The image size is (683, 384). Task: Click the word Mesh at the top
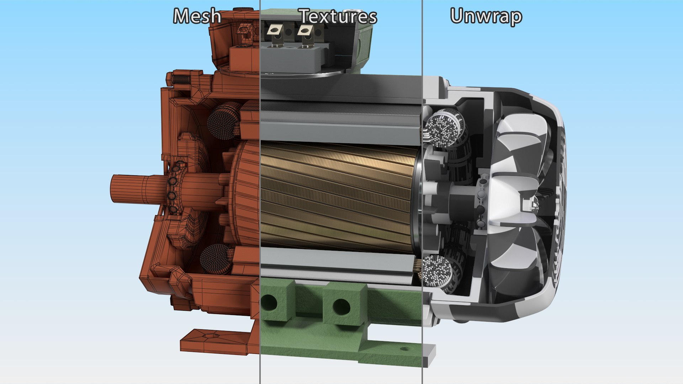pyautogui.click(x=197, y=16)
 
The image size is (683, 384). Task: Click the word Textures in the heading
pyautogui.click(x=338, y=16)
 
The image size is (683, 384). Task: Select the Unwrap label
pyautogui.click(x=486, y=16)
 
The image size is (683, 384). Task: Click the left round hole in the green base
pyautogui.click(x=269, y=303)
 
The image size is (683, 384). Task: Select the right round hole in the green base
pyautogui.click(x=341, y=306)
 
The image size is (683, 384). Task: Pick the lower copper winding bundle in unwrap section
pyautogui.click(x=438, y=272)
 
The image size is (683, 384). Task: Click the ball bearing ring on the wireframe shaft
pyautogui.click(x=173, y=188)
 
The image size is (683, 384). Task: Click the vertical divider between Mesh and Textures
pyautogui.click(x=260, y=192)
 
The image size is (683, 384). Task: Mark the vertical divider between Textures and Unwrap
pyautogui.click(x=422, y=192)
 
